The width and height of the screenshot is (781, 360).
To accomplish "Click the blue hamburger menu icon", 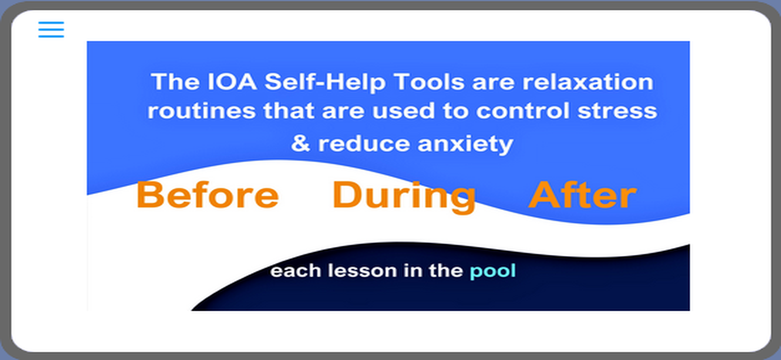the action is pos(51,29).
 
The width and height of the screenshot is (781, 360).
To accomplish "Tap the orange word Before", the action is pos(208,195).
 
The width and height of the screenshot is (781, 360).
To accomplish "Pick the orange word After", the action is pos(582,195).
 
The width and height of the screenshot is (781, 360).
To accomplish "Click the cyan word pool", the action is pos(493,271).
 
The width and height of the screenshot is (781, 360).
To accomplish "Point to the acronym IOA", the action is pos(232,82).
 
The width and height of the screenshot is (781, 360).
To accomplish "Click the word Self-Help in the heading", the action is pos(325,82).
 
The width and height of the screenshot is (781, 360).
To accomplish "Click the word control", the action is pos(523,111).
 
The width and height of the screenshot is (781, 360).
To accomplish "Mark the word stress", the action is pos(617,111).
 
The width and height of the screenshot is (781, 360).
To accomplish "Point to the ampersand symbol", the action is pos(301,143).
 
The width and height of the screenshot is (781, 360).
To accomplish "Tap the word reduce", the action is pos(364,143).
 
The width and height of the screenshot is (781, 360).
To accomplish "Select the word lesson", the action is pos(362,270).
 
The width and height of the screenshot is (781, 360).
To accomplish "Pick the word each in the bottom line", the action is pos(295,270).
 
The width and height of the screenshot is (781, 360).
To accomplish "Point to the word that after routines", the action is pos(289,111).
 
